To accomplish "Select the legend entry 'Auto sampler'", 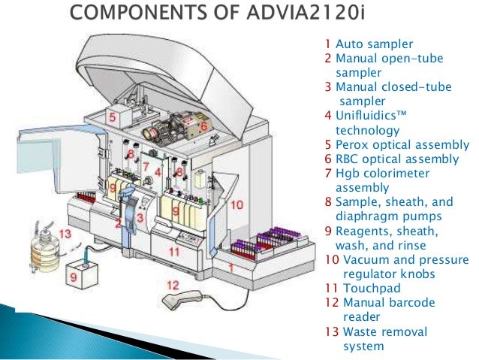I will pos(363,44).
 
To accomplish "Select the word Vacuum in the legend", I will pos(365,260).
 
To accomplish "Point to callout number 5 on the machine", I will pos(111,117).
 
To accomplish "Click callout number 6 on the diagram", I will pos(203,126).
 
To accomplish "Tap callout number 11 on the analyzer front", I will pos(173,251).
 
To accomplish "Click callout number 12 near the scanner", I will pos(173,285).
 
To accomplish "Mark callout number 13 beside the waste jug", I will pos(65,234).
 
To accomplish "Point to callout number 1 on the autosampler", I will pos(230,267).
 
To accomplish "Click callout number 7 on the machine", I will pos(146,166).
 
